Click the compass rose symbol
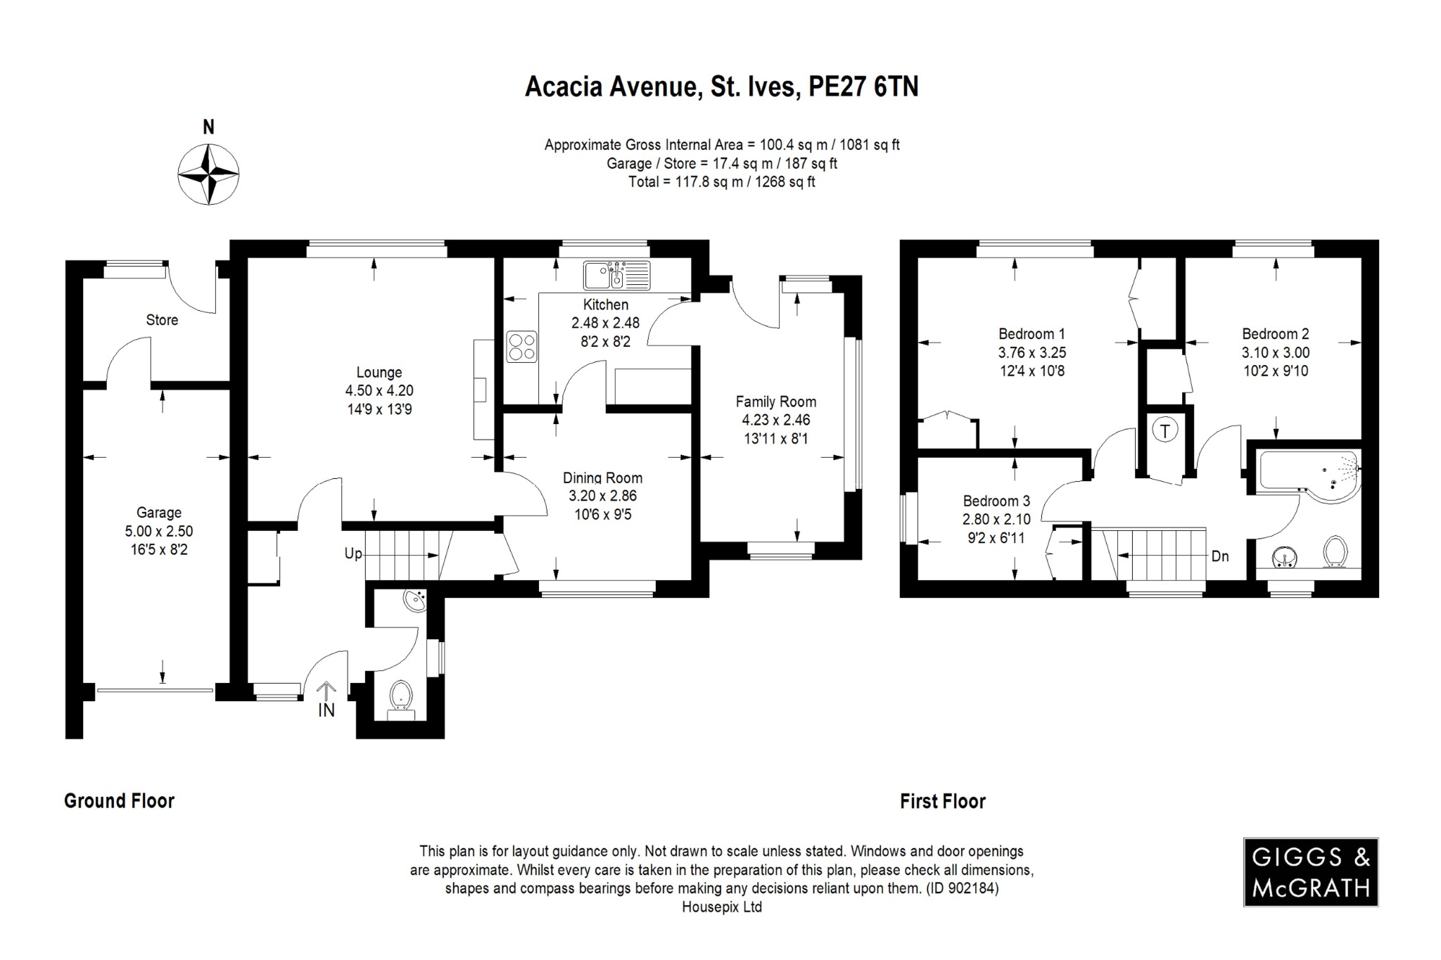coord(208,174)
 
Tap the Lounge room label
coord(379,373)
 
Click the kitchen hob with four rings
coord(521,347)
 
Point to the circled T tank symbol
coord(1165,430)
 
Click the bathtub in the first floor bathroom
coord(1309,475)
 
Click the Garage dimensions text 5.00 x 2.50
coord(159,531)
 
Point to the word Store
coord(162,320)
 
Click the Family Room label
coord(776,402)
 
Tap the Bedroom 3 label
coord(996,501)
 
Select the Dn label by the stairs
coord(1220,556)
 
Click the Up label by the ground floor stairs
coord(353,554)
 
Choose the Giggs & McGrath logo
coord(1310,872)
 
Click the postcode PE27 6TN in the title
coord(863,87)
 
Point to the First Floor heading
coord(943,801)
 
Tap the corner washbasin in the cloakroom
coord(416,601)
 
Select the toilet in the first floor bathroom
coord(1335,552)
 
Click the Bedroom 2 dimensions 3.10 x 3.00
coord(1276,352)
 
